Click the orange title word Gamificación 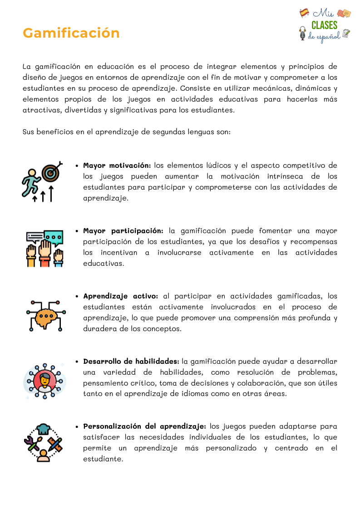coord(71,33)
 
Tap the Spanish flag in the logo coord(304,13)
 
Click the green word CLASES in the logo coord(324,25)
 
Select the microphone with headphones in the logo coord(303,33)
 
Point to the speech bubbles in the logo coord(344,14)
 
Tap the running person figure coord(30,183)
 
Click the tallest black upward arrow coord(51,192)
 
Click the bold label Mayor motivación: coord(117,165)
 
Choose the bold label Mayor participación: coord(123,230)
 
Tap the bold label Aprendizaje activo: coord(121,296)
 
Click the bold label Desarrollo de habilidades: coord(131,361)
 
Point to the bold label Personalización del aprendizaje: coord(144,426)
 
